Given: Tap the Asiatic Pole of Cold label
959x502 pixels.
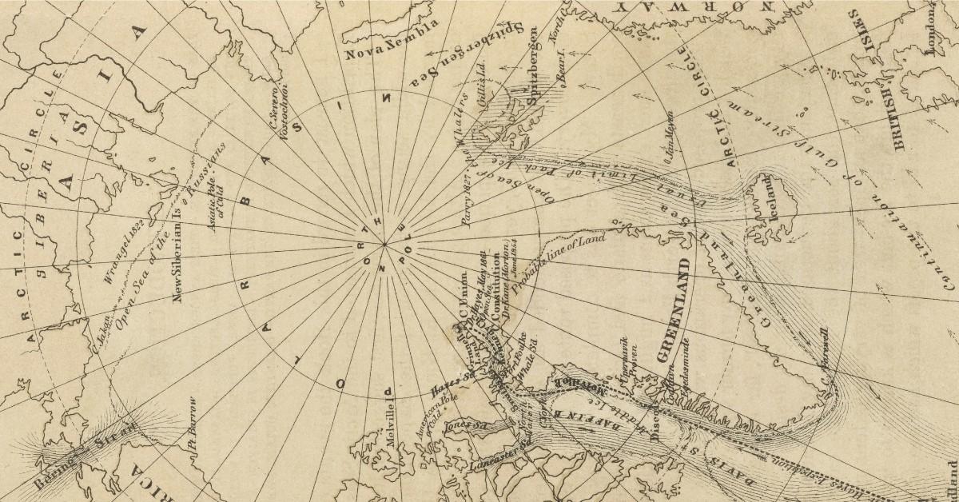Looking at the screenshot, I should point(217,207).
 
